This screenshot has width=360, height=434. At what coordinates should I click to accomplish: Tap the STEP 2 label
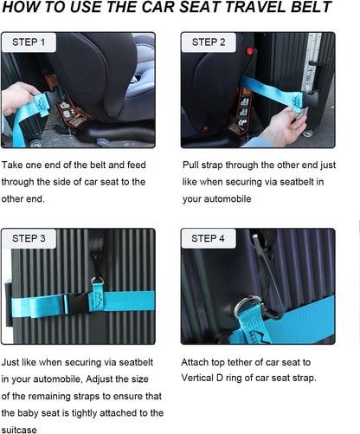click(209, 42)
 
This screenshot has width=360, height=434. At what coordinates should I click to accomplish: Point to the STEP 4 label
click(209, 238)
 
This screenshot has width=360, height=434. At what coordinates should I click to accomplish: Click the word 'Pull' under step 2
click(192, 165)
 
